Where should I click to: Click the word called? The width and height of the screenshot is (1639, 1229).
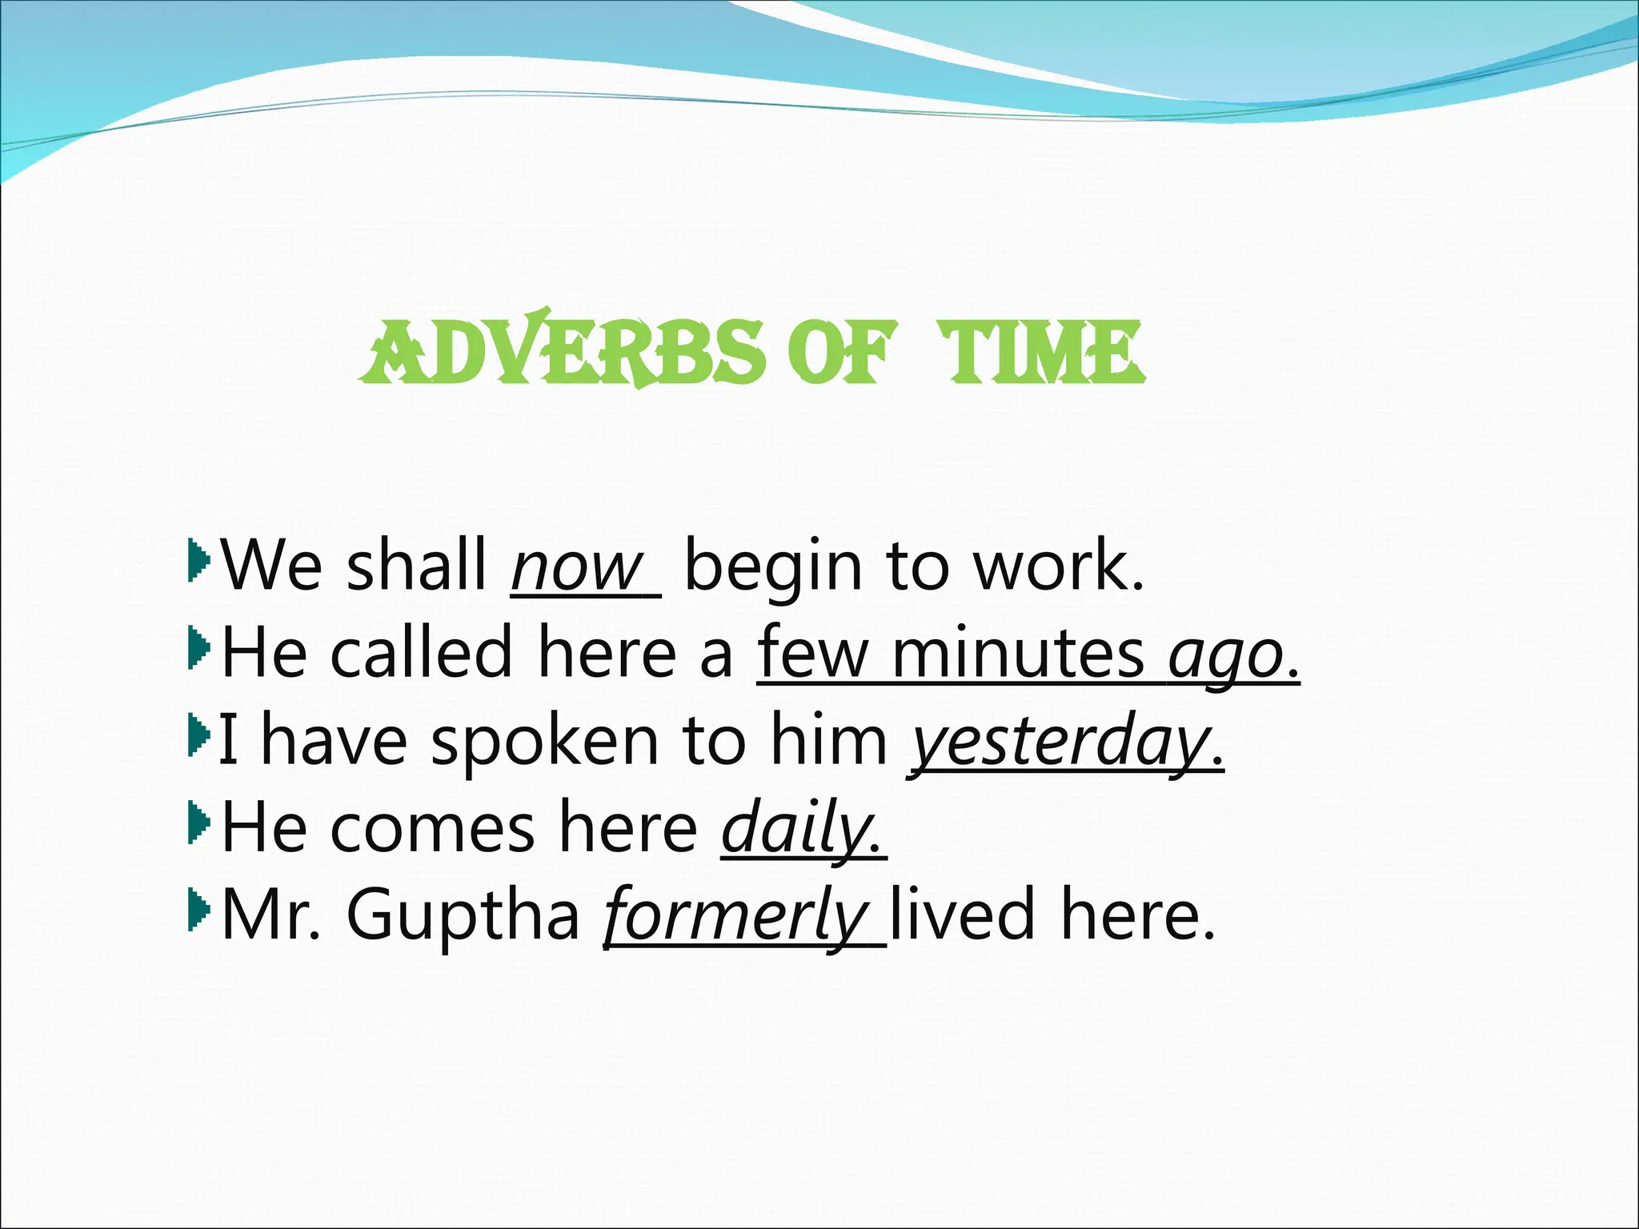tap(421, 655)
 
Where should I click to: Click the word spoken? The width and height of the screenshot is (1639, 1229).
tap(545, 743)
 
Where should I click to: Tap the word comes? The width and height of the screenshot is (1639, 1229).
tap(432, 830)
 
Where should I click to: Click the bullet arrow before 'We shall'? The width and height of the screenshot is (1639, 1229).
tap(198, 559)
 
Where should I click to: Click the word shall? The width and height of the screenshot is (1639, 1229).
tap(416, 567)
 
